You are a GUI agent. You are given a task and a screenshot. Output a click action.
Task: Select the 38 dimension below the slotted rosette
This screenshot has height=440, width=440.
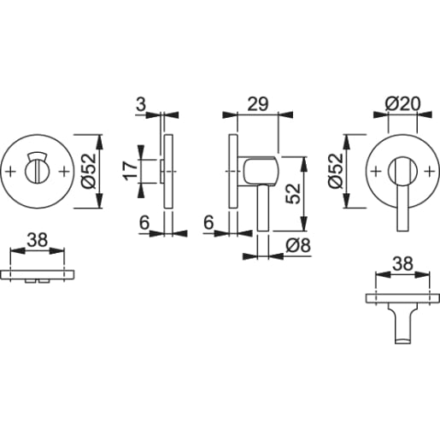click(36, 242)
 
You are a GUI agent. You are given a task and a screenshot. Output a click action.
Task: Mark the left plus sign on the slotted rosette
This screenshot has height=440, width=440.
click(11, 171)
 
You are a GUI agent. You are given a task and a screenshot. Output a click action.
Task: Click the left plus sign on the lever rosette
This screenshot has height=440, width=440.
click(375, 171)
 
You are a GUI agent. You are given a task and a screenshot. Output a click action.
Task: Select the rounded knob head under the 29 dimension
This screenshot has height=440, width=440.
click(259, 172)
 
